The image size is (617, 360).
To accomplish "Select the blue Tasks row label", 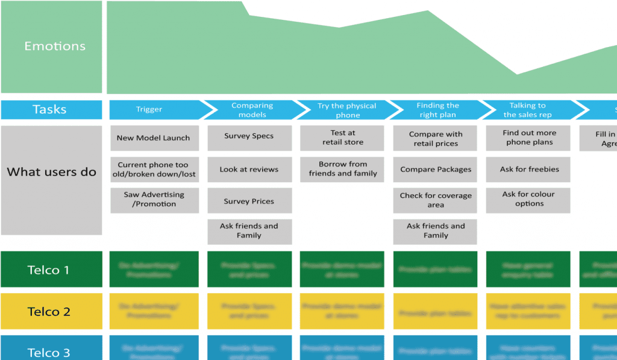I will (51, 110).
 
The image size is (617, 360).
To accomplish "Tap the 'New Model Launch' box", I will (154, 138).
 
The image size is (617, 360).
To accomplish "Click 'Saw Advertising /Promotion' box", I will (154, 200).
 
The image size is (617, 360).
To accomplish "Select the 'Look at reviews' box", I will (249, 169).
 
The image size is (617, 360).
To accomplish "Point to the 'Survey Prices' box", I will (249, 201).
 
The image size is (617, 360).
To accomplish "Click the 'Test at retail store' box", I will (342, 138).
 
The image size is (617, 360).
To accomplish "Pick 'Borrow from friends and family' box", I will (342, 169).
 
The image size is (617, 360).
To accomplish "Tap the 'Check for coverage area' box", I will (435, 200).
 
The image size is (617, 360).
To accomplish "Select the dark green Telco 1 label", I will (51, 270).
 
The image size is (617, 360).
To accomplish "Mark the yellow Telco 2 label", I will (51, 311).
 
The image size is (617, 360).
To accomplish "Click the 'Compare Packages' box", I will (435, 169).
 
